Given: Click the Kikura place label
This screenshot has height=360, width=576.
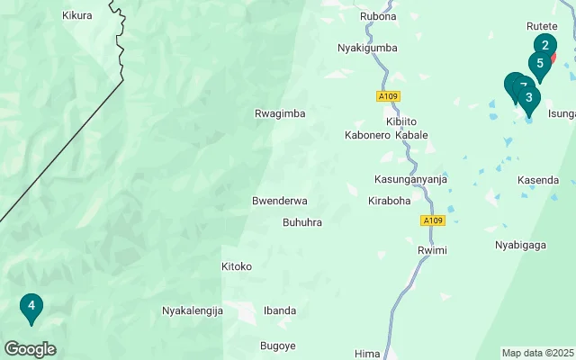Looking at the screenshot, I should coord(77,15).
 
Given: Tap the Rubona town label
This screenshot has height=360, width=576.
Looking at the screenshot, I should coord(378,16).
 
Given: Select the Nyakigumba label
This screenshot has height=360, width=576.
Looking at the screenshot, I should coord(367,48).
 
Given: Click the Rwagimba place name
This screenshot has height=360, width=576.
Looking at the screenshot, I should coord(281,113).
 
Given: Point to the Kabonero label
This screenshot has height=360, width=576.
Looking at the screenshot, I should coord(366,135).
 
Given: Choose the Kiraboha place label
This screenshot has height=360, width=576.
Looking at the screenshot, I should coord(389,200).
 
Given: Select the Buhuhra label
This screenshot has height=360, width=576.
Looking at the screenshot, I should coord(302,221).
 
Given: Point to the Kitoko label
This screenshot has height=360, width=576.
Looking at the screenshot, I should coord(237,266).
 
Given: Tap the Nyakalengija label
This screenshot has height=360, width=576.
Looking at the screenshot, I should coord(192,310).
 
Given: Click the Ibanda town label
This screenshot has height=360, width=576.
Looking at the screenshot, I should coord(280,310).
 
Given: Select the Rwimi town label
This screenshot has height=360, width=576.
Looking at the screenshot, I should coord(432,249).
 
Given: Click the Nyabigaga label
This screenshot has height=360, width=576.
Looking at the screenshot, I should coord(521,244).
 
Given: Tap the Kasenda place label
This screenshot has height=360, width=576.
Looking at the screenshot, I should coord(538,180).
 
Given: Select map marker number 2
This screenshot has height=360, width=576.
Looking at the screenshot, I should coord(545,44).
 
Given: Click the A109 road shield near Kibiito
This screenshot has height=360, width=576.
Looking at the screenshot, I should coord(389,95).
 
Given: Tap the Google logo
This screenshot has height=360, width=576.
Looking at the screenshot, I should coord(30,349).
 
